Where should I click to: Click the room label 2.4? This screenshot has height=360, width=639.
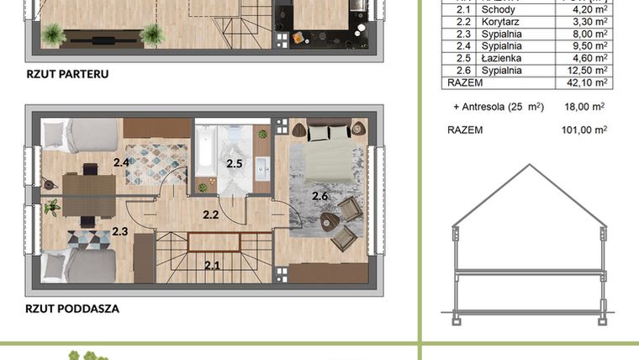pos(121,162)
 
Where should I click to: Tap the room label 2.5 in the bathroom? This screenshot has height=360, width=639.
pos(235,164)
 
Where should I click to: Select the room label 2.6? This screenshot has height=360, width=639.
pos(319,196)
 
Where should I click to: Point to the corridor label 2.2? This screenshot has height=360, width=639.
pos(210,215)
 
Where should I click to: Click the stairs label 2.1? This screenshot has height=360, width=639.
pos(212,266)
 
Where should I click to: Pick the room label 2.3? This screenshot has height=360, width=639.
pos(120,232)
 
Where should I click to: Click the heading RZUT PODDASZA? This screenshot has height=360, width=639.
pos(72,309)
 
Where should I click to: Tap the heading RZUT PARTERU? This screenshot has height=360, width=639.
pos(67,74)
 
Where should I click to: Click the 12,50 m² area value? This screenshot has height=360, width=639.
pos(586,71)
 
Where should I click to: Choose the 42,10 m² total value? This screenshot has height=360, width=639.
pos(586,83)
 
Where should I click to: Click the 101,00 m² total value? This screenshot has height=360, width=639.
pos(584,130)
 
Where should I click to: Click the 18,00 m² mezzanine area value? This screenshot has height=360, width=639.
pos(586,107)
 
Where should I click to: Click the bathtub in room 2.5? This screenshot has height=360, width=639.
pos(208,158)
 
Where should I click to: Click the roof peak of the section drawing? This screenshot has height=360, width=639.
pos(529,165)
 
